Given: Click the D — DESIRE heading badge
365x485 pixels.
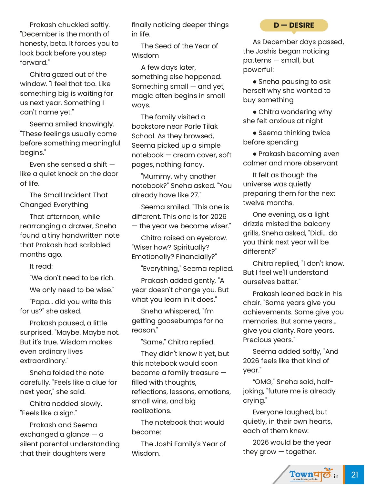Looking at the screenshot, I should click(x=294, y=25).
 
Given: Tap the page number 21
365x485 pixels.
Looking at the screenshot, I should click(x=354, y=474).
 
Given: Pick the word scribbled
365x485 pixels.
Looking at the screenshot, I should click(x=95, y=245).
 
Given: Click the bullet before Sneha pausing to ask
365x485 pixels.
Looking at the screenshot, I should click(x=255, y=82).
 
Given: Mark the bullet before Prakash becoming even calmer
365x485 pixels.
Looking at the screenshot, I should click(x=255, y=154).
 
